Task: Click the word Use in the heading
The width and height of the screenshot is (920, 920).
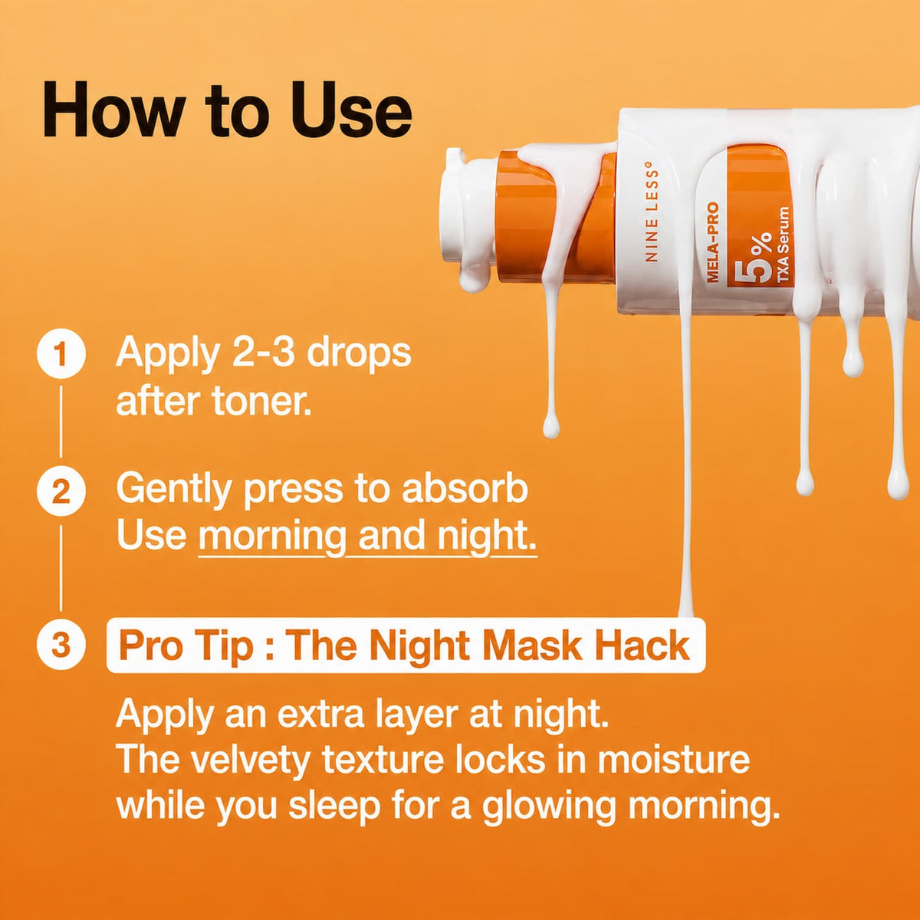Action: coord(352,110)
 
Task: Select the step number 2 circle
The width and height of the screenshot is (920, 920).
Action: coord(61,491)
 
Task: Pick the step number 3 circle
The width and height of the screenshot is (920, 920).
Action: coord(61,644)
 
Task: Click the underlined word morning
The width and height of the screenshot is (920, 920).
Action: coord(272,536)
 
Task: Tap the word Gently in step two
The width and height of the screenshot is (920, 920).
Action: coord(176,490)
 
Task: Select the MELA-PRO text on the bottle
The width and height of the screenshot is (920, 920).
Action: coord(713,242)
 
